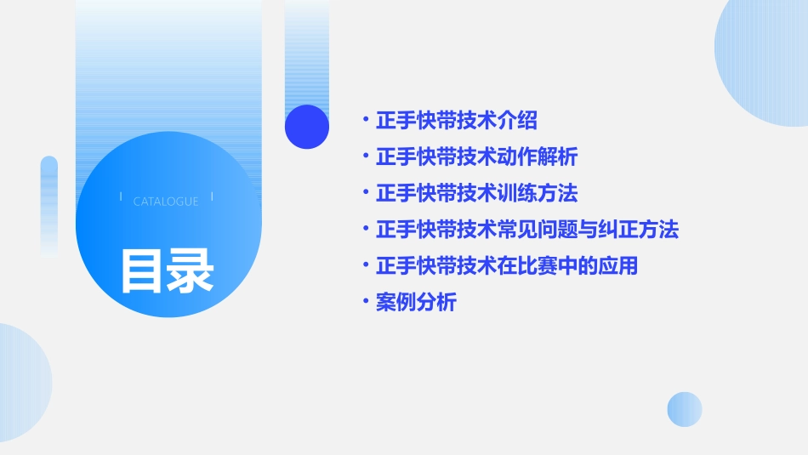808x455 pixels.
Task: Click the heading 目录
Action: (167, 270)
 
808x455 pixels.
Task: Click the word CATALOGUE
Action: (166, 202)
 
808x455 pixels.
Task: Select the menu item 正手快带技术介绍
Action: (456, 121)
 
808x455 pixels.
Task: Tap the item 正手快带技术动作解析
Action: (476, 157)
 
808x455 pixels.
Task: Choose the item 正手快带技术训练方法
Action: (476, 193)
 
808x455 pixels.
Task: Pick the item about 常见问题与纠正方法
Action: (526, 230)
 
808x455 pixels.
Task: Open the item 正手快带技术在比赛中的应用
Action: (506, 265)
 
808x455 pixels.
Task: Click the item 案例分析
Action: (416, 302)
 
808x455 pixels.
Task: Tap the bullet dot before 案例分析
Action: (365, 302)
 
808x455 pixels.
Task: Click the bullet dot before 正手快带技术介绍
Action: (365, 121)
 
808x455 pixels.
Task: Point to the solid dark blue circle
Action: (307, 127)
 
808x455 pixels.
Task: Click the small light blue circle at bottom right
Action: (685, 409)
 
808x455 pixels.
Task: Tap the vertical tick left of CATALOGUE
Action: (121, 196)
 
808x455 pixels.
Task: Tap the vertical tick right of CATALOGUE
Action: (212, 196)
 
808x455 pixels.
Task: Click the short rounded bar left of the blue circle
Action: (49, 204)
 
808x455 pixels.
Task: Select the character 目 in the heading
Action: (142, 270)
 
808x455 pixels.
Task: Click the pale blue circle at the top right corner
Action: (765, 51)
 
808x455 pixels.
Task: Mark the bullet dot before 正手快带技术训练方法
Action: (365, 193)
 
